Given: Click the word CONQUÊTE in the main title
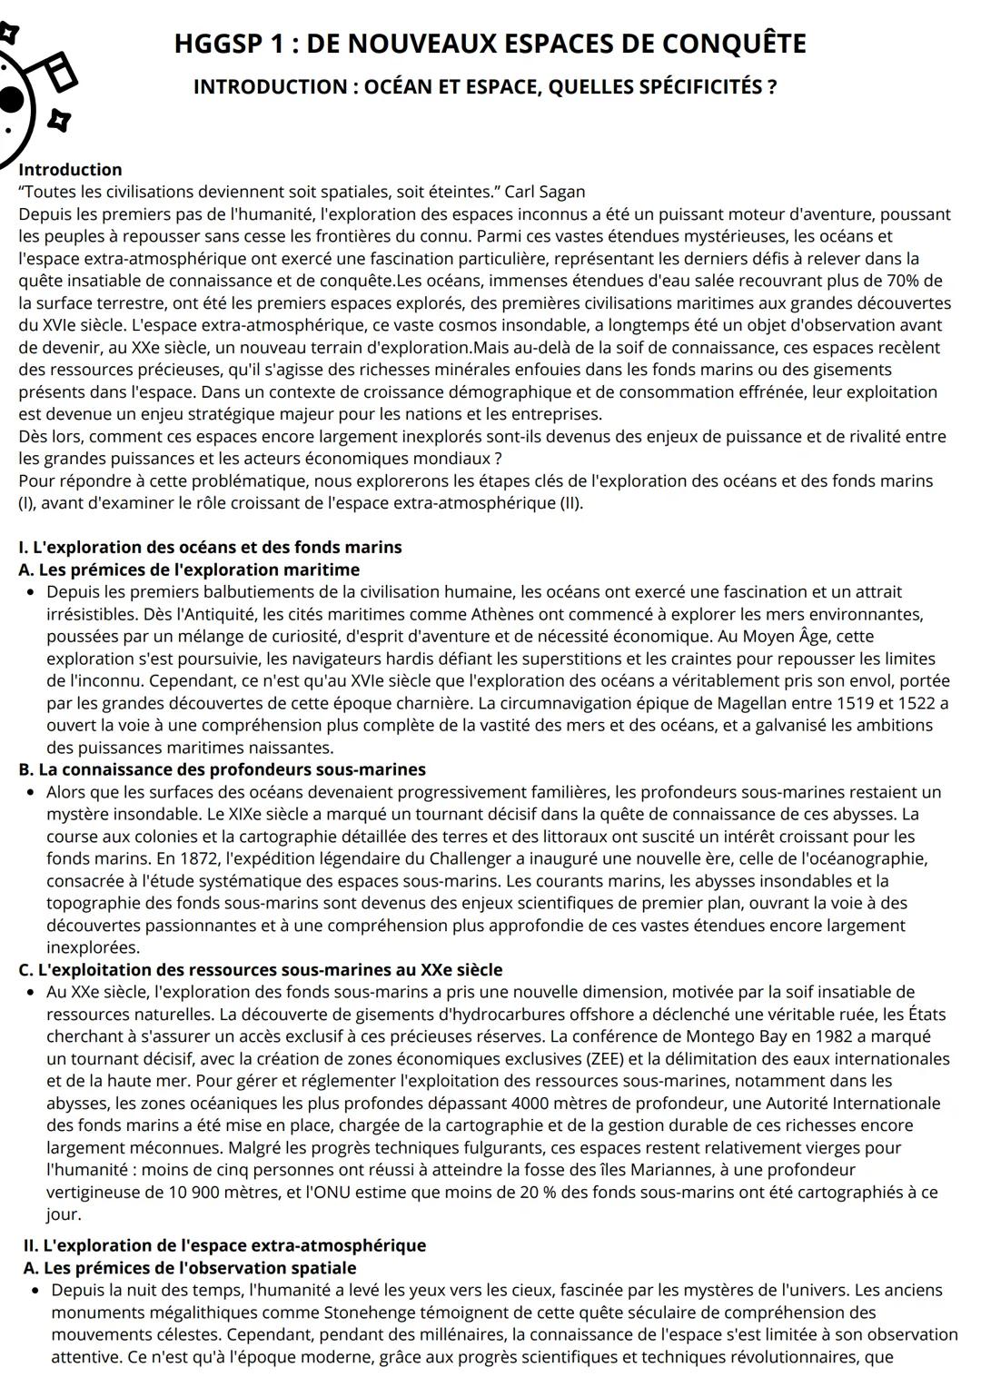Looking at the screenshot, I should tap(732, 44).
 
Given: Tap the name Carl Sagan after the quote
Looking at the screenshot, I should tap(545, 192).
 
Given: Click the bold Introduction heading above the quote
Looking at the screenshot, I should tap(70, 169).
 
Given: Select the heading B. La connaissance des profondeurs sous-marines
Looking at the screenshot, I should tap(223, 769).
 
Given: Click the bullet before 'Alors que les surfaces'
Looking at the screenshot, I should tap(32, 792).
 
